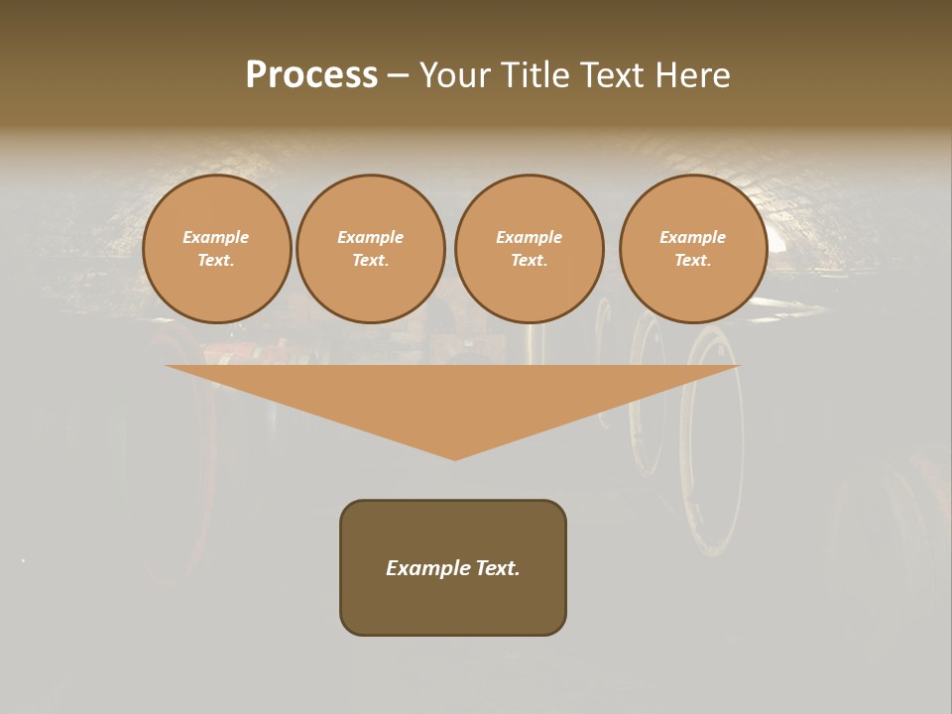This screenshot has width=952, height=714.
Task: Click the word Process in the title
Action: [x=311, y=75]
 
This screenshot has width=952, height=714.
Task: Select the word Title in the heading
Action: [x=534, y=75]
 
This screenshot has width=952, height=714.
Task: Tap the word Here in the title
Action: [x=691, y=75]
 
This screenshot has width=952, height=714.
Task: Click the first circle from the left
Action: [x=217, y=249]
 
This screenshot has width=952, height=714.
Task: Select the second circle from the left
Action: [x=371, y=249]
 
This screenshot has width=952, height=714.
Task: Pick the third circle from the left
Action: [x=530, y=249]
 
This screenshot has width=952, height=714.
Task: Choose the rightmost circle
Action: [x=693, y=249]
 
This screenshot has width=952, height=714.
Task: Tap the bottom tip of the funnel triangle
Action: [x=455, y=458]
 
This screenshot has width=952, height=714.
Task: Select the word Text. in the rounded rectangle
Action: [x=499, y=568]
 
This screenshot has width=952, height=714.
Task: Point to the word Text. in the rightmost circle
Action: [x=693, y=261]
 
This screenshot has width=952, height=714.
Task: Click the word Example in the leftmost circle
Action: [x=216, y=238]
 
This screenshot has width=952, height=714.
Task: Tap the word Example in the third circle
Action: [x=530, y=238]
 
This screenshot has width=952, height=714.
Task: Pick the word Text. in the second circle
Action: [x=371, y=261]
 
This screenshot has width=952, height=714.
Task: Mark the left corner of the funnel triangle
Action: [x=168, y=367]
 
